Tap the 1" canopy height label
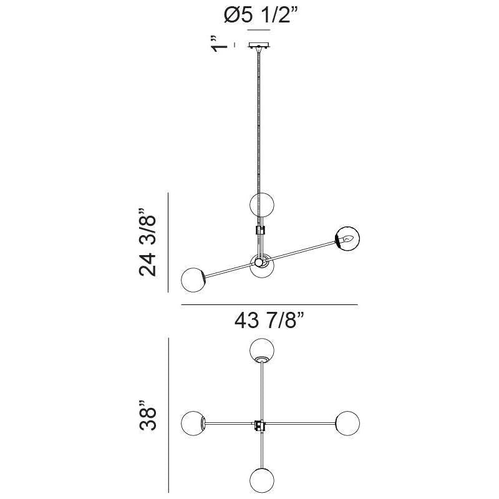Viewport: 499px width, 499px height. click(220, 44)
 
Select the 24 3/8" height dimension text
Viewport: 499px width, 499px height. click(147, 243)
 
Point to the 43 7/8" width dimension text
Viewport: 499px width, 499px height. click(269, 320)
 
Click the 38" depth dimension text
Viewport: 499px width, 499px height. click(148, 415)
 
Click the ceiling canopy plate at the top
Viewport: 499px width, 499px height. click(259, 45)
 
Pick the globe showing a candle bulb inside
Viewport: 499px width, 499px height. click(347, 238)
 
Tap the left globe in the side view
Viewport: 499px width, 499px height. click(193, 279)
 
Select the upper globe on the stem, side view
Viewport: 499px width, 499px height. click(262, 205)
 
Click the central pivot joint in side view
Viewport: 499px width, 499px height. click(259, 262)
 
